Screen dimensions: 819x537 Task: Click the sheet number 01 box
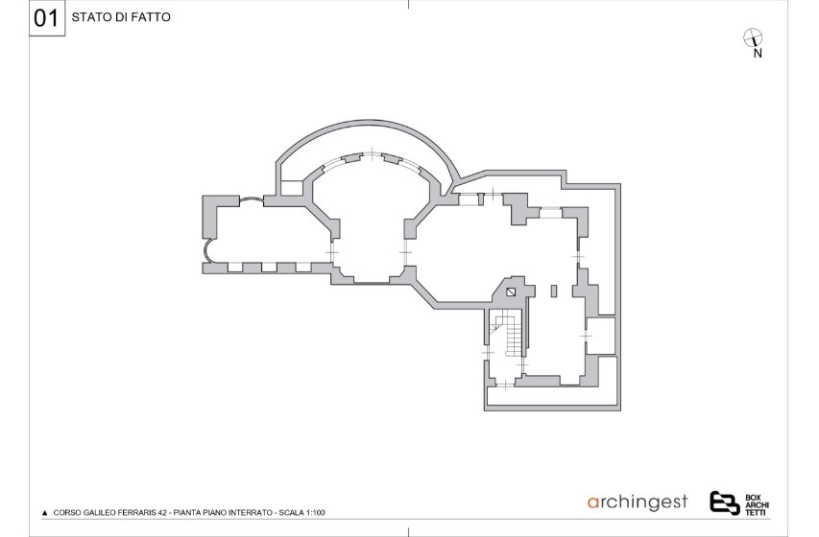click(x=47, y=18)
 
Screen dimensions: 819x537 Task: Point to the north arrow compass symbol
click(x=752, y=37)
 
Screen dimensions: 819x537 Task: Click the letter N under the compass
click(x=758, y=54)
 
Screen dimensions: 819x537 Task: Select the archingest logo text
click(x=638, y=502)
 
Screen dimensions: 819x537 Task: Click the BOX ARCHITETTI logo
click(x=739, y=503)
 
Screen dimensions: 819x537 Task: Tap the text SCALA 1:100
click(x=301, y=512)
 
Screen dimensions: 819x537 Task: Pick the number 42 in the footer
click(x=163, y=512)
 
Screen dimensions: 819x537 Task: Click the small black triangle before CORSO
click(x=45, y=513)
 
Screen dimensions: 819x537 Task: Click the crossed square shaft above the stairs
click(x=510, y=292)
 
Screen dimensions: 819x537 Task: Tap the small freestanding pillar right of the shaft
click(x=554, y=291)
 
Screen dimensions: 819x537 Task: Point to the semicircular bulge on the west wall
click(x=207, y=249)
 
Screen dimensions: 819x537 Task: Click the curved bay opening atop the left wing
click(x=252, y=198)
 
